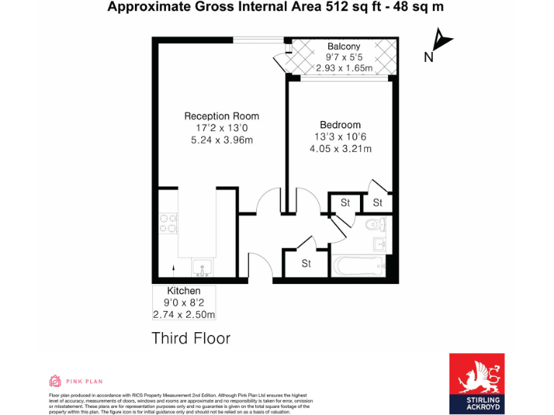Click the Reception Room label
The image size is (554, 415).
(221, 116)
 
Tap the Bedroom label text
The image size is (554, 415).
(340, 125)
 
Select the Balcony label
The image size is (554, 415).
(343, 47)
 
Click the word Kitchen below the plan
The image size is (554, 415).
(173, 290)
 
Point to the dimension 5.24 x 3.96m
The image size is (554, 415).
(221, 140)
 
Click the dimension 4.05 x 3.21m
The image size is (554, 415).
(340, 149)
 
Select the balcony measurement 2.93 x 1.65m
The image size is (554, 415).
(344, 68)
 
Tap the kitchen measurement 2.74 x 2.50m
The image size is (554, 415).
(184, 315)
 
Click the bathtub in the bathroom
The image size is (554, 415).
(360, 267)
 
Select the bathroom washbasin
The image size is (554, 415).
(381, 245)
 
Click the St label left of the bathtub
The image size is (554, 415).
(306, 264)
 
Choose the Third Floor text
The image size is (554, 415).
(190, 338)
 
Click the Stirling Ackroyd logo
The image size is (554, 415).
(477, 383)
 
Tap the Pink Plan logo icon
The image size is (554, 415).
(55, 380)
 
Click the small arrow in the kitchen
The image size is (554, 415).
(173, 268)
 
